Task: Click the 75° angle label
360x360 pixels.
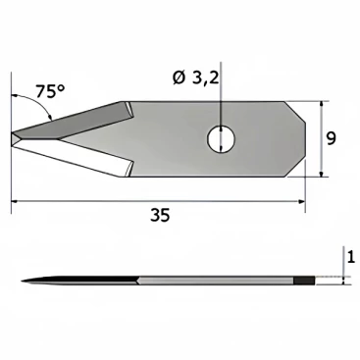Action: [x=50, y=91]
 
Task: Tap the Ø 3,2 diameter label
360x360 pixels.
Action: [x=195, y=78]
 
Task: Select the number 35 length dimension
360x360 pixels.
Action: [x=160, y=215]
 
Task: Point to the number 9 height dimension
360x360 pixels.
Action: [x=331, y=138]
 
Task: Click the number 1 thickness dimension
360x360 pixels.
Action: [x=351, y=257]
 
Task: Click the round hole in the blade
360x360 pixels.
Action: [x=221, y=139]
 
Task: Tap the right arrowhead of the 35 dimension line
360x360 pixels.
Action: [x=300, y=201]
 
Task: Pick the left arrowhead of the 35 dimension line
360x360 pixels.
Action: [x=16, y=201]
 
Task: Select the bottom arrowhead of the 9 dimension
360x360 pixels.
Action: [x=322, y=173]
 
